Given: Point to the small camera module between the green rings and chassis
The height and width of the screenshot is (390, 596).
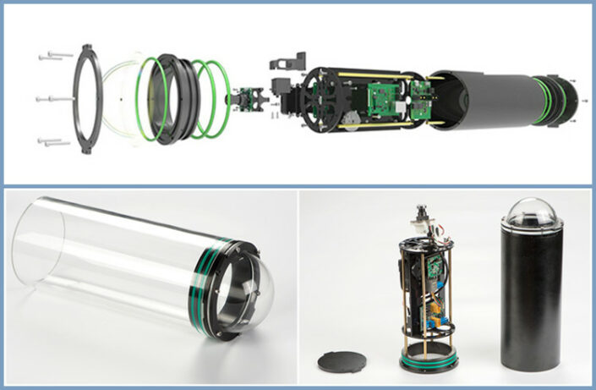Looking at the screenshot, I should click(246, 102).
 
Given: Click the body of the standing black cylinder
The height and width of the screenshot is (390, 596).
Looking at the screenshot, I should click(530, 296).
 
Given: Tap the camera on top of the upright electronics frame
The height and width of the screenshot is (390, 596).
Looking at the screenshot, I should click(419, 222).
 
